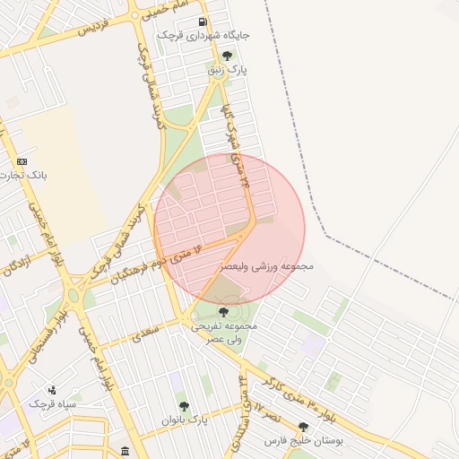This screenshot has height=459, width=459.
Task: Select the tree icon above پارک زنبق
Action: point(233,55)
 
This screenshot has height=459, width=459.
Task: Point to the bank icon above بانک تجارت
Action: point(22,161)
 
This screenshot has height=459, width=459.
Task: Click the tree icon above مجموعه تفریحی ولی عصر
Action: point(223,312)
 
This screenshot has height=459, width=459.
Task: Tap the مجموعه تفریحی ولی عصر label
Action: point(223,333)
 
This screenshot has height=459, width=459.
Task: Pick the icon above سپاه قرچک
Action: point(52,390)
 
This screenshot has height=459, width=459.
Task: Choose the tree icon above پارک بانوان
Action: point(185,406)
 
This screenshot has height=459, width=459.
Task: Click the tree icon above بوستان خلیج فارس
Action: point(303,428)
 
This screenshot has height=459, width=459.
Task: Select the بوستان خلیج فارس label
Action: point(304,441)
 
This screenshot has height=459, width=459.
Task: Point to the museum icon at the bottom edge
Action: point(124,450)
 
